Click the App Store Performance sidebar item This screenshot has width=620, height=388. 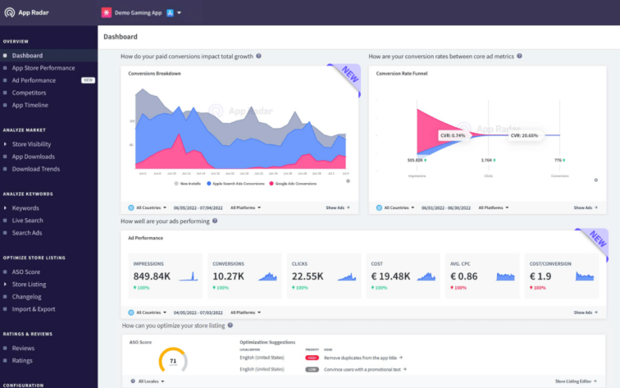coord(43,68)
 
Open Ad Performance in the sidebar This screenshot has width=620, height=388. coord(34,80)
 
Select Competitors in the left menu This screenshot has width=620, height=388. coord(30,93)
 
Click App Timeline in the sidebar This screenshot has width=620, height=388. coord(30,105)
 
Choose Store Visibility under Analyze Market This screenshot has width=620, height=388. coord(32,144)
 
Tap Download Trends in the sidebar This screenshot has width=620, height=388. coord(36,169)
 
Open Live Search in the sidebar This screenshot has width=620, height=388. coord(28,221)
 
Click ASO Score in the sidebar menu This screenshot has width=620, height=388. coord(26,272)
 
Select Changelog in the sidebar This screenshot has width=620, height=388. coord(27,296)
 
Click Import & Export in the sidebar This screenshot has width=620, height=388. coord(34,309)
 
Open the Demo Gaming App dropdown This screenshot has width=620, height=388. coord(141,13)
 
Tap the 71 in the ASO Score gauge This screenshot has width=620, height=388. coord(173,360)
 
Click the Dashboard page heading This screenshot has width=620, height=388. coord(121,37)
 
